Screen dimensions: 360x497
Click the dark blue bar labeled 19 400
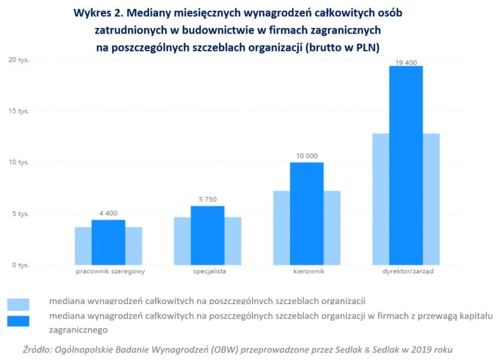pos(406,165)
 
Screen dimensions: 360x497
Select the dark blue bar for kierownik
pos(307,213)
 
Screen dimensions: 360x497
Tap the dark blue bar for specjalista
pos(208,235)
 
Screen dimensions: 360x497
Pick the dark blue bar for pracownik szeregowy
pos(108,242)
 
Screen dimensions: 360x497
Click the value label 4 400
pos(108,213)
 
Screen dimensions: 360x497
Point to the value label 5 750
pos(208,199)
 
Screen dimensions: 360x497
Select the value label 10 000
pos(307,156)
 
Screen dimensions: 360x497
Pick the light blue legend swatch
pos(18,303)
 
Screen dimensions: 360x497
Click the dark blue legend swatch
pos(18,320)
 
